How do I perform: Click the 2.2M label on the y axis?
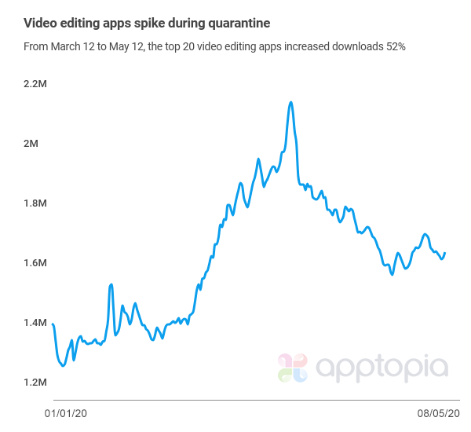point(35,84)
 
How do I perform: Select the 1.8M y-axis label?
point(35,203)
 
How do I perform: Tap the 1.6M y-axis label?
point(35,263)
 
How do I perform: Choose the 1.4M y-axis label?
point(35,323)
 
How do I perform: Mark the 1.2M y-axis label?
point(35,383)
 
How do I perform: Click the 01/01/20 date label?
point(65,412)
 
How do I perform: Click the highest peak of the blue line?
point(291,102)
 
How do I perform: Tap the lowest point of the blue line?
point(64,365)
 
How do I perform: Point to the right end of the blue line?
point(445,253)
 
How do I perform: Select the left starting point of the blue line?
point(53,324)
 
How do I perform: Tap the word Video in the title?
point(40,22)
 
